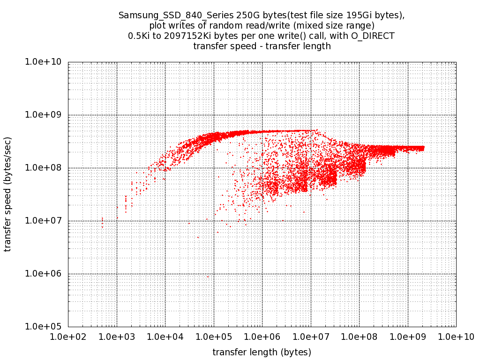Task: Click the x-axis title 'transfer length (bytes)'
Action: pos(262,352)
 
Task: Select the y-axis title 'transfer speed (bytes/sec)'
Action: pos(8,194)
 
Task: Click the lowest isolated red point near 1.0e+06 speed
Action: pos(208,277)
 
